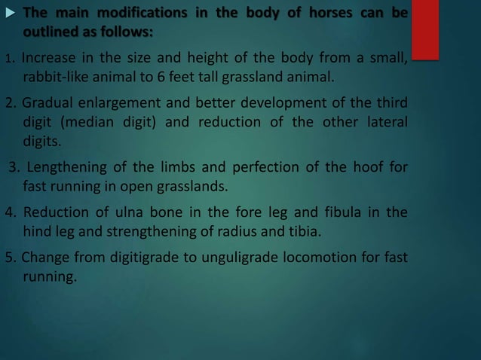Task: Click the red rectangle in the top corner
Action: pos(425,28)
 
